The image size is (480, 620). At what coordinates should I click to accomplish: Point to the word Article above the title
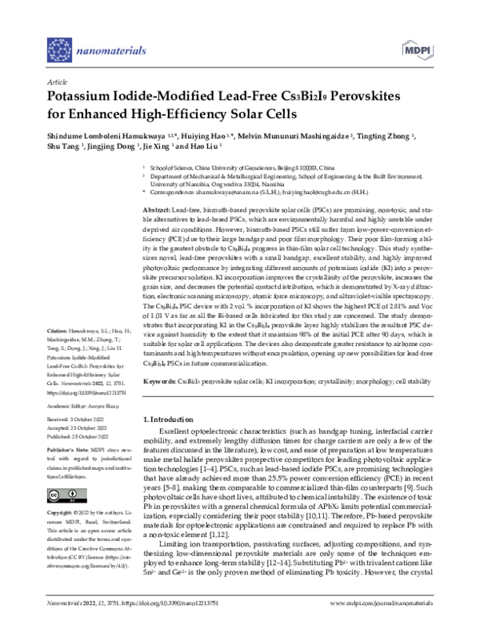57,81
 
